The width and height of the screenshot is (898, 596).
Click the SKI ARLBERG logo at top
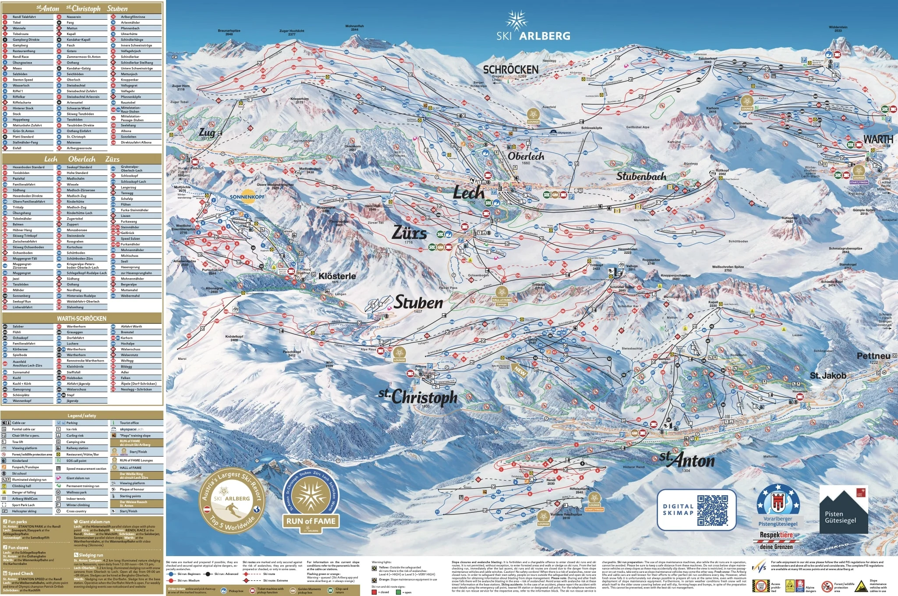point(533,28)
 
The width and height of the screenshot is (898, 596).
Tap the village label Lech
point(468,192)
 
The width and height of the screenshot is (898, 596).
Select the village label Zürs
point(409,232)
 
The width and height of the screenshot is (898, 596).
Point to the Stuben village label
point(419,302)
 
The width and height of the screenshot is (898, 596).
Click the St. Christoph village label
point(418,397)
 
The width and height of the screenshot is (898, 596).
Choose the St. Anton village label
point(687,460)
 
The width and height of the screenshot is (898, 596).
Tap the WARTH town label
point(878,139)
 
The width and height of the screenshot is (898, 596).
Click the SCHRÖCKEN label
point(510,70)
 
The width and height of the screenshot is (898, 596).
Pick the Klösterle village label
point(337,276)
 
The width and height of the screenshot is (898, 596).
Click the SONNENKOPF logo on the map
point(248,196)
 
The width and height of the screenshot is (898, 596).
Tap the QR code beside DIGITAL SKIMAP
point(712,510)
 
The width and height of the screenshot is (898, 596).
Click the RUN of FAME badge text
point(311,521)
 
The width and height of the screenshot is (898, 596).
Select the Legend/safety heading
point(82,415)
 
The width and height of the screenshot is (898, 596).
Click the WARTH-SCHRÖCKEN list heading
point(81,319)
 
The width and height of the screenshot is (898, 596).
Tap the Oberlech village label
point(526,156)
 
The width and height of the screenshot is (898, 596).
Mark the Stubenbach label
point(641,177)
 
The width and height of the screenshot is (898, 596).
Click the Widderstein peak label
point(838,28)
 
